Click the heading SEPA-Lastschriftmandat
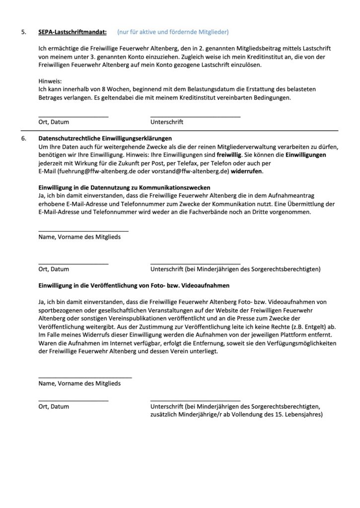tap(72, 32)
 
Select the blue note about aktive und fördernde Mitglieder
tap(173, 32)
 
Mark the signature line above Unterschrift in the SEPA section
tap(195, 116)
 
